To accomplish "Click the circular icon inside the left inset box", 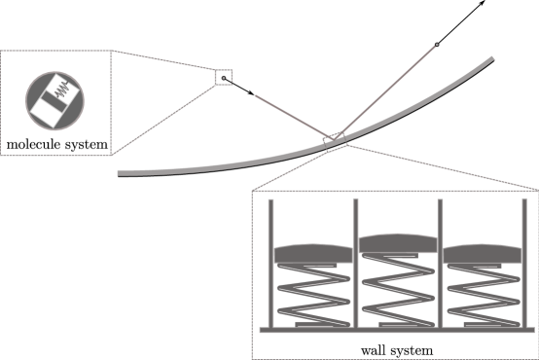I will click(54, 101).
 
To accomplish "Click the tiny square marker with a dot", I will click(224, 76).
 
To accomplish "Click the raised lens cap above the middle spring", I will click(397, 243).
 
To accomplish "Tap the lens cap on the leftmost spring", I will click(311, 252).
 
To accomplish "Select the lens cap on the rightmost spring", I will click(483, 252).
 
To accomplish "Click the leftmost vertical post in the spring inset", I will click(270, 263).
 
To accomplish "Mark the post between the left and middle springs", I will click(355, 263).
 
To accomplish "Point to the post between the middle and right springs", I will click(440, 263).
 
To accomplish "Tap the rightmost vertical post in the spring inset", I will click(523, 263).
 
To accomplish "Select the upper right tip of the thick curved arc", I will click(491, 59).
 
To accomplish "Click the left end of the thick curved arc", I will click(120, 174).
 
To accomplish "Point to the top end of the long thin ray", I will click(436, 45).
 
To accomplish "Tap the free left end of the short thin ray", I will click(256, 95).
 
